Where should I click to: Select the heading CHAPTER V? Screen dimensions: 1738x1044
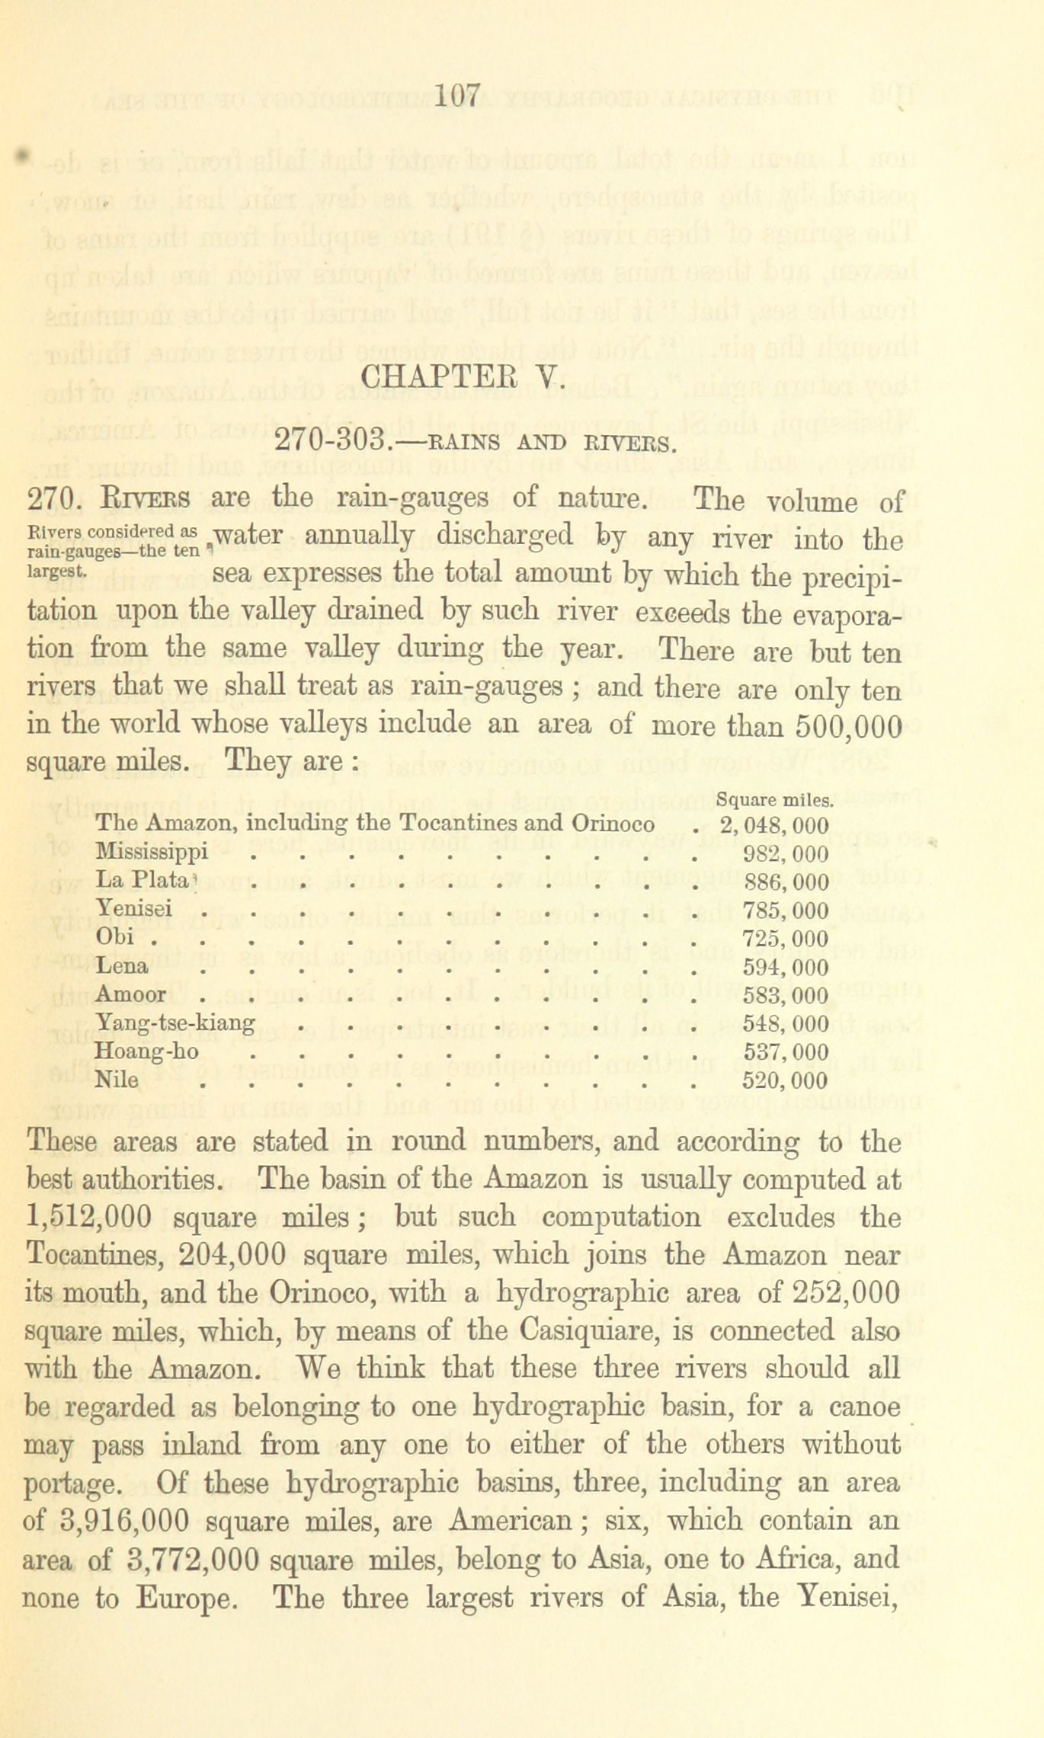point(463,377)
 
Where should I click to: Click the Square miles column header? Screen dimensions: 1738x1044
point(776,800)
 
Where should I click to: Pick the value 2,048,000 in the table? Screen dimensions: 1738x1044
point(774,825)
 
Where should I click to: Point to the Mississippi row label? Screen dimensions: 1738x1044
point(152,853)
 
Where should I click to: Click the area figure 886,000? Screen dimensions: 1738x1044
point(785,882)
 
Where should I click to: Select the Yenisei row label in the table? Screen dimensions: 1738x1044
point(134,908)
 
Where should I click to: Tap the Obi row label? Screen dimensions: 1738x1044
point(115,936)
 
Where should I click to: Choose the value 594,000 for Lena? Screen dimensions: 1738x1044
point(785,968)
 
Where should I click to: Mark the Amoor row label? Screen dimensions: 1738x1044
point(131,994)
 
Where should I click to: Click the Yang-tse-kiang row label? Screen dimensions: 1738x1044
point(175,1023)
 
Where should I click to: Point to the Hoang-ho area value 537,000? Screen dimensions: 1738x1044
point(785,1052)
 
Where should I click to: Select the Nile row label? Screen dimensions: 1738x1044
point(117,1080)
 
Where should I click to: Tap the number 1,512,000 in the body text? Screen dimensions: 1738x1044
point(87,1218)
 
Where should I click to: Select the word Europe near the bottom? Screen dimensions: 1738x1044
point(183,1597)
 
